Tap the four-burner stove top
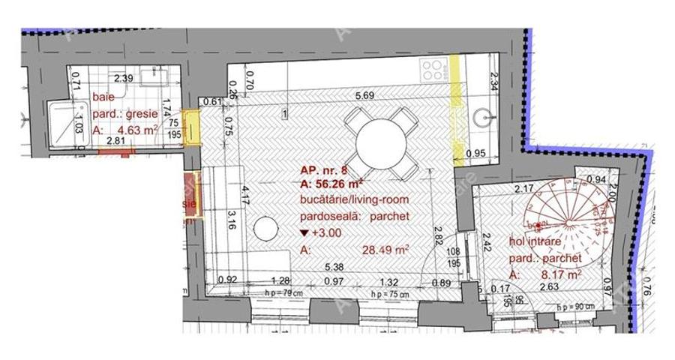click(x=432, y=70)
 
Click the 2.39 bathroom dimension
click(x=123, y=78)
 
